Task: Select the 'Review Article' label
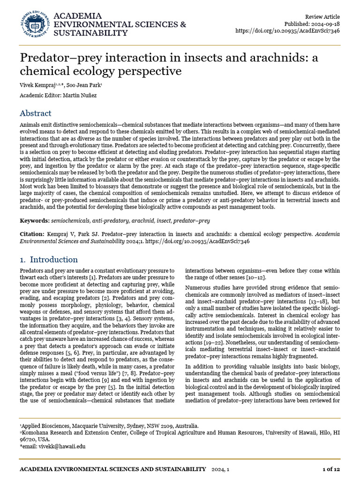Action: [x=322, y=16]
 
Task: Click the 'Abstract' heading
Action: [x=36, y=113]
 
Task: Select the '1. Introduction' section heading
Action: [x=49, y=260]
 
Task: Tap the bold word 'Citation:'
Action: [x=32, y=233]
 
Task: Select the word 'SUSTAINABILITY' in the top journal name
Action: [x=90, y=33]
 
